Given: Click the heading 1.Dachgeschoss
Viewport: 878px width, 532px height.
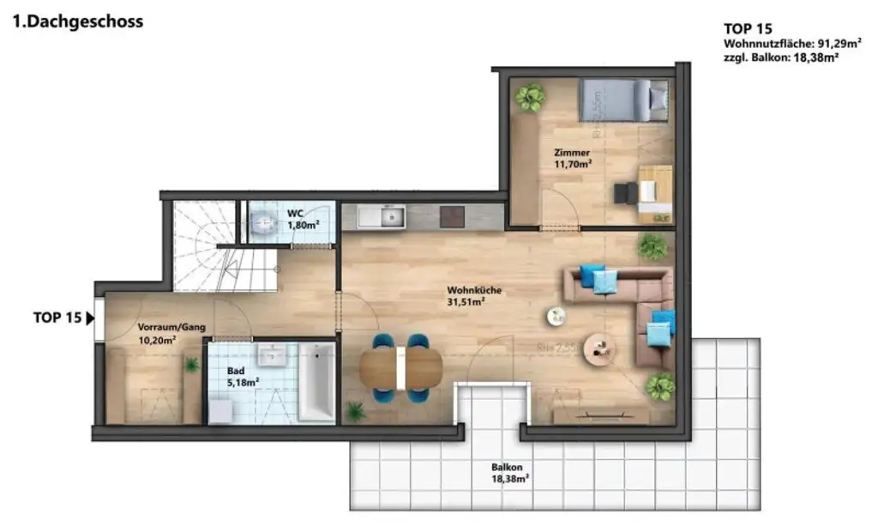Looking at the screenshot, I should [78, 21].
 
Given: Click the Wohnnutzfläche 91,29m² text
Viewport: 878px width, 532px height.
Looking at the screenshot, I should [780, 43].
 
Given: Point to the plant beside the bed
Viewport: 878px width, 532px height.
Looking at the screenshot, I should [530, 97].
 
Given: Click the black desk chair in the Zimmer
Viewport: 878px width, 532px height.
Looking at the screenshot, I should [624, 192].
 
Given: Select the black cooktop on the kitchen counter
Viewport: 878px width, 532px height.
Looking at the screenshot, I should [451, 216].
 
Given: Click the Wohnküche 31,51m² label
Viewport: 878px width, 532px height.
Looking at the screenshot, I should [466, 296].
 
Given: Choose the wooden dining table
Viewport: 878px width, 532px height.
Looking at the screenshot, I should [400, 369].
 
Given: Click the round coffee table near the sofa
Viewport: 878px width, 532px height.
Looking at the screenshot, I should [598, 348].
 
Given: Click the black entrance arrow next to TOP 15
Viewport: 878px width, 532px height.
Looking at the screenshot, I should [90, 317].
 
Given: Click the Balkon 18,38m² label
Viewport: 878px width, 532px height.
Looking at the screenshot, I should [509, 474].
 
